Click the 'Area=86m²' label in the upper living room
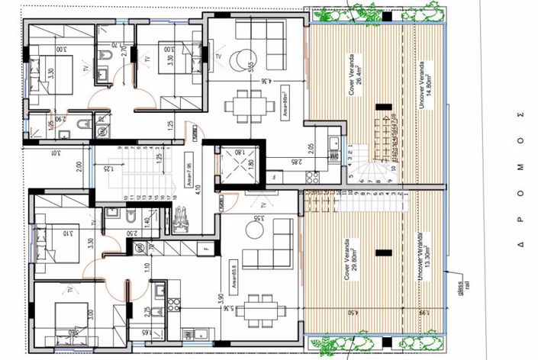pyautogui.click(x=282, y=96)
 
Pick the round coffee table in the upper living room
pyautogui.click(x=243, y=59)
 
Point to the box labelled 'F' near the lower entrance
pyautogui.click(x=207, y=248)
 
